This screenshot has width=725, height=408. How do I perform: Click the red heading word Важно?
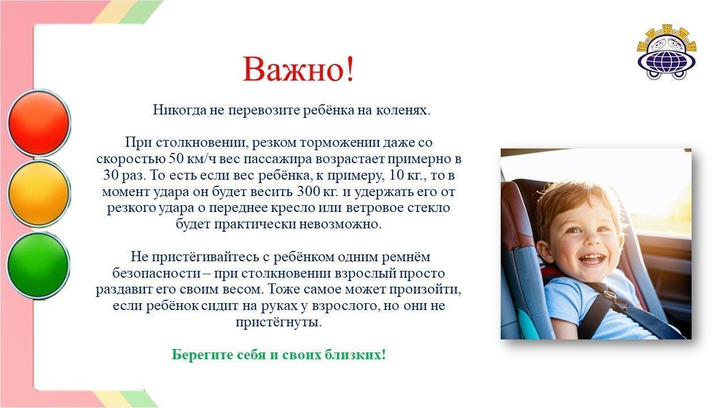coord(298,69)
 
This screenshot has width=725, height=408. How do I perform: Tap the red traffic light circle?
coord(39,123)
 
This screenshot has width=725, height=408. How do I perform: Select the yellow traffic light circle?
coord(39,193)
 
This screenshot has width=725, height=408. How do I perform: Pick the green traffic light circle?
coord(39,265)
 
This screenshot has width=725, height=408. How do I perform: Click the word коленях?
coord(403,110)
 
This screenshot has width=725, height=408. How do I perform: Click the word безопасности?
coord(157,273)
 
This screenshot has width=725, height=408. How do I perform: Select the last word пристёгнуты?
coord(279,322)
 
